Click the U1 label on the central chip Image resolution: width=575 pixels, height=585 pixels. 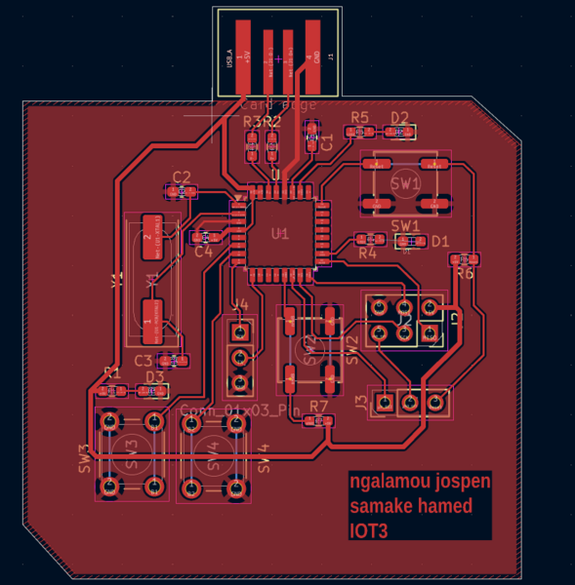tap(280, 234)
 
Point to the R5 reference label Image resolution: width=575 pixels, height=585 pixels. tap(359, 118)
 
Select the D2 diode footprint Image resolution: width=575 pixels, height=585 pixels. tap(399, 131)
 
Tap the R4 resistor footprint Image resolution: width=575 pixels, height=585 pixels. tap(370, 239)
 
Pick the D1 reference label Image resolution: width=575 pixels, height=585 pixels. tap(440, 241)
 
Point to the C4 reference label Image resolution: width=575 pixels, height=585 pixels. tap(203, 252)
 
